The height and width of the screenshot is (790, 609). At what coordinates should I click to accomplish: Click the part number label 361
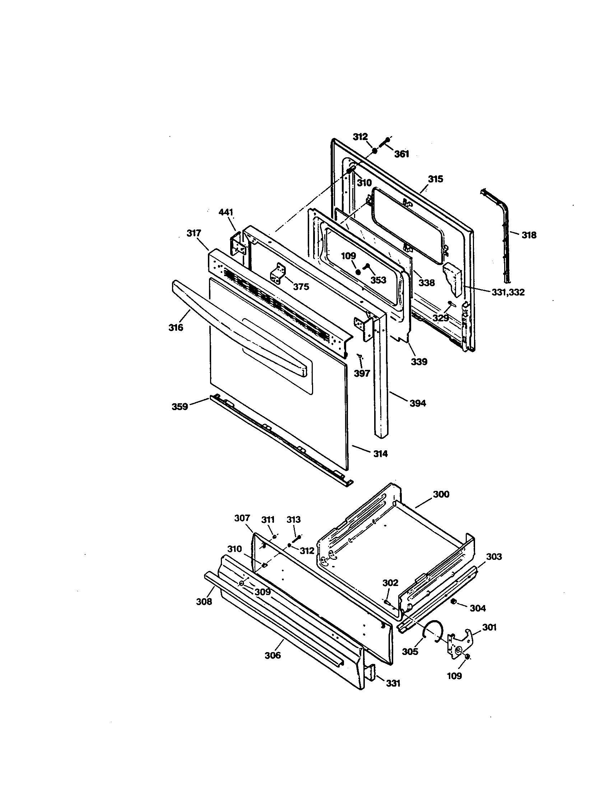(x=401, y=154)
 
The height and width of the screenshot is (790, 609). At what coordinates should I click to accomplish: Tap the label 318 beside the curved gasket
(x=529, y=235)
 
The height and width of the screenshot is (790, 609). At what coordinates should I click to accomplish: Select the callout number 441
(x=226, y=212)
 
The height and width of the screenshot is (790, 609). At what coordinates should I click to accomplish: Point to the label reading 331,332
(x=508, y=292)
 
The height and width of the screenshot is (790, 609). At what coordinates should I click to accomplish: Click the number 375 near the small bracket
(x=301, y=287)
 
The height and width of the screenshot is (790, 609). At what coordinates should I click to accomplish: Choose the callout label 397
(x=362, y=373)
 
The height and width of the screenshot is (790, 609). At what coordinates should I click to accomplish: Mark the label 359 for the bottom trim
(x=180, y=406)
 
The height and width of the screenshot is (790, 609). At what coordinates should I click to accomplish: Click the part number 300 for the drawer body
(x=441, y=494)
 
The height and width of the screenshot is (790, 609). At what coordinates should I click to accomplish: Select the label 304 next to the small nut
(x=478, y=608)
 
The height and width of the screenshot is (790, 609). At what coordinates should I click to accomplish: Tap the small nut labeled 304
(x=454, y=602)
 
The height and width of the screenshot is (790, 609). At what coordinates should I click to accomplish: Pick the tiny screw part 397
(x=359, y=357)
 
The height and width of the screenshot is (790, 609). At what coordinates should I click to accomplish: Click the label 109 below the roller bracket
(x=454, y=675)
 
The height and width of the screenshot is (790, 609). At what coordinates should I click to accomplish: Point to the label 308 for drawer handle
(x=204, y=601)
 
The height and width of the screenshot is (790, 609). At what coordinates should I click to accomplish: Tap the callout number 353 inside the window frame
(x=378, y=280)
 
